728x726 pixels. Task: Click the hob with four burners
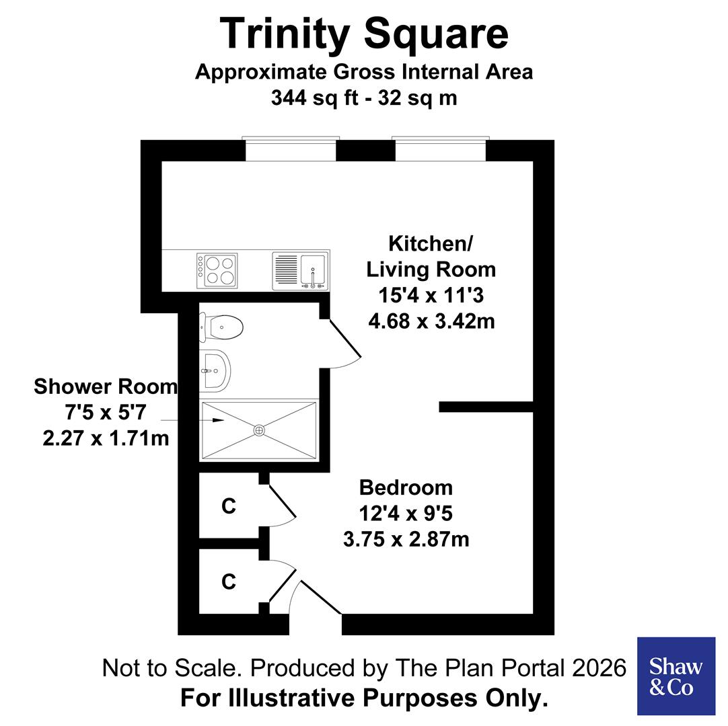click(217, 270)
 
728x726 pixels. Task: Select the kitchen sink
click(313, 271)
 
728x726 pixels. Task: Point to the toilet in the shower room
click(222, 328)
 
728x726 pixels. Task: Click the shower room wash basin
click(215, 370)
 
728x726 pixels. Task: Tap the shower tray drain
click(259, 430)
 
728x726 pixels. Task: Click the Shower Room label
click(106, 387)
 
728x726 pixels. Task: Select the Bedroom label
click(406, 487)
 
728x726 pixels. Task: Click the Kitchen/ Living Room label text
click(431, 256)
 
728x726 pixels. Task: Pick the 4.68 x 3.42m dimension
click(431, 321)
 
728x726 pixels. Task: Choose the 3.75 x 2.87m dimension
click(406, 539)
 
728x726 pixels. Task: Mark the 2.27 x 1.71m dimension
click(106, 438)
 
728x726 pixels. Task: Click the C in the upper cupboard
click(229, 507)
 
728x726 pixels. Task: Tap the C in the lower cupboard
click(229, 581)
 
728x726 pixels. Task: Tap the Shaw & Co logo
click(676, 676)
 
